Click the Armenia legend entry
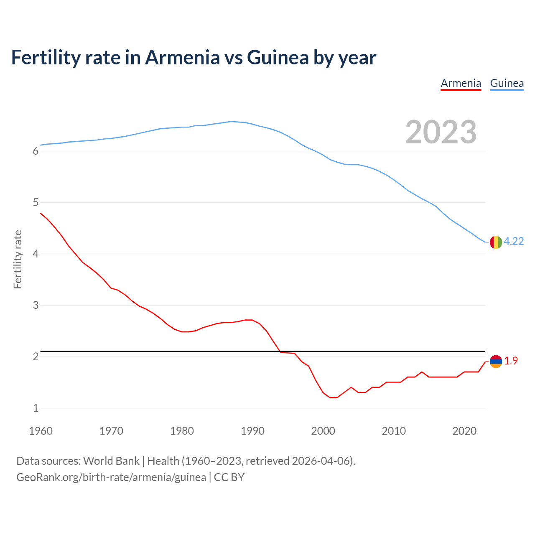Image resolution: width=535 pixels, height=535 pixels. pyautogui.click(x=461, y=83)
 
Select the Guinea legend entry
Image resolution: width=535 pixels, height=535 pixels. pyautogui.click(x=507, y=83)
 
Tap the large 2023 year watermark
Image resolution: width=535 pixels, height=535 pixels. pyautogui.click(x=441, y=132)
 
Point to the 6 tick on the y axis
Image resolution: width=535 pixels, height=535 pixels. pyautogui.click(x=36, y=151)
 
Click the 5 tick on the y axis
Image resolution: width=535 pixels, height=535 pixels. pyautogui.click(x=36, y=203)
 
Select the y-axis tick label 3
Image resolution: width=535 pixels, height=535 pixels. pyautogui.click(x=36, y=306)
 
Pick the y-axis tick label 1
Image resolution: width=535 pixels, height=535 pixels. pyautogui.click(x=36, y=408)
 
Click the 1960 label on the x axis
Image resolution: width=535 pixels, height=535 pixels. pyautogui.click(x=41, y=431)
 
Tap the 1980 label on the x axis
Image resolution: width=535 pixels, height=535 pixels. pyautogui.click(x=182, y=431)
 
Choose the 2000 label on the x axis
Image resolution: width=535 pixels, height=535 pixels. pyautogui.click(x=323, y=431)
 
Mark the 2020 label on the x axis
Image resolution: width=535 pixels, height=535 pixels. pyautogui.click(x=464, y=431)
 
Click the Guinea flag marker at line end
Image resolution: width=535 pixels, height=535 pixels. pyautogui.click(x=495, y=242)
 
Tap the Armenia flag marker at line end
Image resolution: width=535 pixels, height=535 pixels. pyautogui.click(x=495, y=361)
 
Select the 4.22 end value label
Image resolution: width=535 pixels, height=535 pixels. pyautogui.click(x=514, y=242)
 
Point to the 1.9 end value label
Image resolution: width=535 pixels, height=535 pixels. pyautogui.click(x=511, y=361)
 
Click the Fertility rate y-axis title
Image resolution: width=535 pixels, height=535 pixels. pyautogui.click(x=18, y=259)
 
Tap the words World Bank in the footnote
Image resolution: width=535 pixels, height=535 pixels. pyautogui.click(x=111, y=461)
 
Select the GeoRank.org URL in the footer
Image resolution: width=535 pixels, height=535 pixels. pyautogui.click(x=111, y=477)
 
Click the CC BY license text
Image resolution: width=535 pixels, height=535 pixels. pyautogui.click(x=229, y=477)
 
